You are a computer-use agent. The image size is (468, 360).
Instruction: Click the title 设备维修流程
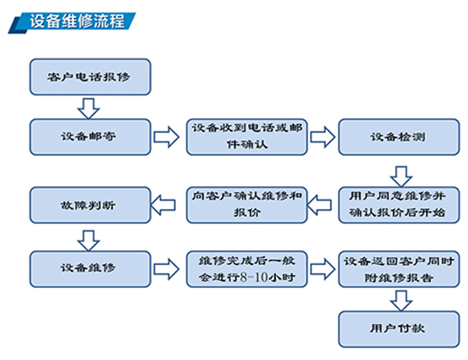click(x=77, y=21)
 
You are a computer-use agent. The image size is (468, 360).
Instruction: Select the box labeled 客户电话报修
click(x=90, y=77)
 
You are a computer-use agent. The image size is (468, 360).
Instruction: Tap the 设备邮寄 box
click(x=90, y=137)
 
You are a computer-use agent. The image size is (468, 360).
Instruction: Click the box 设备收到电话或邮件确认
click(x=247, y=137)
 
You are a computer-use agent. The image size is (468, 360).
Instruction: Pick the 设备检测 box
click(x=399, y=137)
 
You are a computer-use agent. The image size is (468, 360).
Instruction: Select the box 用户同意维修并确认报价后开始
click(x=399, y=205)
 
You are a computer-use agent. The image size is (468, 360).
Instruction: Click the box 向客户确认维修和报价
click(x=247, y=205)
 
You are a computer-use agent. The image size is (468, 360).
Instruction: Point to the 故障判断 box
click(x=90, y=205)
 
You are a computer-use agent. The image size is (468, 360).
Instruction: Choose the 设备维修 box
click(x=90, y=269)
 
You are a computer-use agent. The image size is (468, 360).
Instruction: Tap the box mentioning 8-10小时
click(x=247, y=269)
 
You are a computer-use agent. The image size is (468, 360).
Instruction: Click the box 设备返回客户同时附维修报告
click(x=399, y=269)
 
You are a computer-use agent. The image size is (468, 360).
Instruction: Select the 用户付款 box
click(x=399, y=329)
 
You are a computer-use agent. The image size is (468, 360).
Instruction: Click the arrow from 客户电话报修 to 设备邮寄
click(x=88, y=108)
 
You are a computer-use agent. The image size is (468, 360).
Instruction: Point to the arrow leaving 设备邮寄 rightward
click(x=166, y=137)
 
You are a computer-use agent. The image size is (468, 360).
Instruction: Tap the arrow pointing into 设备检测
click(x=322, y=137)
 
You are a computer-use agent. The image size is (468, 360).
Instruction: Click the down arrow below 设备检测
click(x=401, y=177)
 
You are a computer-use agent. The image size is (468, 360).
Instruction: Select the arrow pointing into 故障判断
click(x=163, y=205)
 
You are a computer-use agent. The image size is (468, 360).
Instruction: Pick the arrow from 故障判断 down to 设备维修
click(x=88, y=240)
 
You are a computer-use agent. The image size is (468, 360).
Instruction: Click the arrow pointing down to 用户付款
click(x=401, y=301)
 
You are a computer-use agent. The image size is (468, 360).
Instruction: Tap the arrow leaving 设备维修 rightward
click(x=166, y=269)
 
